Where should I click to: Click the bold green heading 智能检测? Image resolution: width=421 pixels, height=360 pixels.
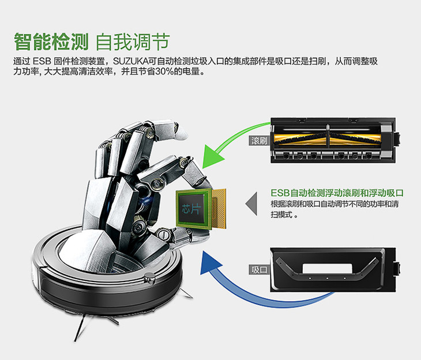(x=51, y=42)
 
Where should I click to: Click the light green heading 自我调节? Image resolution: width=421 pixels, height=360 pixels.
(x=133, y=42)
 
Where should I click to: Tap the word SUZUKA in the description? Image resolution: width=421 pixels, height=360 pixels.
(x=130, y=61)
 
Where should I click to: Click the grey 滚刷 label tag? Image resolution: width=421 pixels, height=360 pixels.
(x=259, y=141)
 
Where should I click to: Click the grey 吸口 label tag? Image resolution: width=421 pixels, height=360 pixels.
(x=259, y=269)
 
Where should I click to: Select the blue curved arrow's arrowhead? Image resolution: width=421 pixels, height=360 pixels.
(x=210, y=263)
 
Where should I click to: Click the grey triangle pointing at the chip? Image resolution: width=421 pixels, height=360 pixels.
(x=251, y=204)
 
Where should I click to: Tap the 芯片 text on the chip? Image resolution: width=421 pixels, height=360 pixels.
(x=191, y=209)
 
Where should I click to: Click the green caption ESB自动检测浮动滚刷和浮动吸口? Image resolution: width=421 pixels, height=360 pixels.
(x=337, y=193)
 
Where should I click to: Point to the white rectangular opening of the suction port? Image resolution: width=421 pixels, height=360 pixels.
(x=328, y=268)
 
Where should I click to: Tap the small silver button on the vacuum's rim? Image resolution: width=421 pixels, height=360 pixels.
(x=150, y=278)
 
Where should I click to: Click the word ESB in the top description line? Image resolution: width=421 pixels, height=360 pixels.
(x=42, y=61)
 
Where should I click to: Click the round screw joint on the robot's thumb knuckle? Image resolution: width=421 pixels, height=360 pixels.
(x=162, y=234)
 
